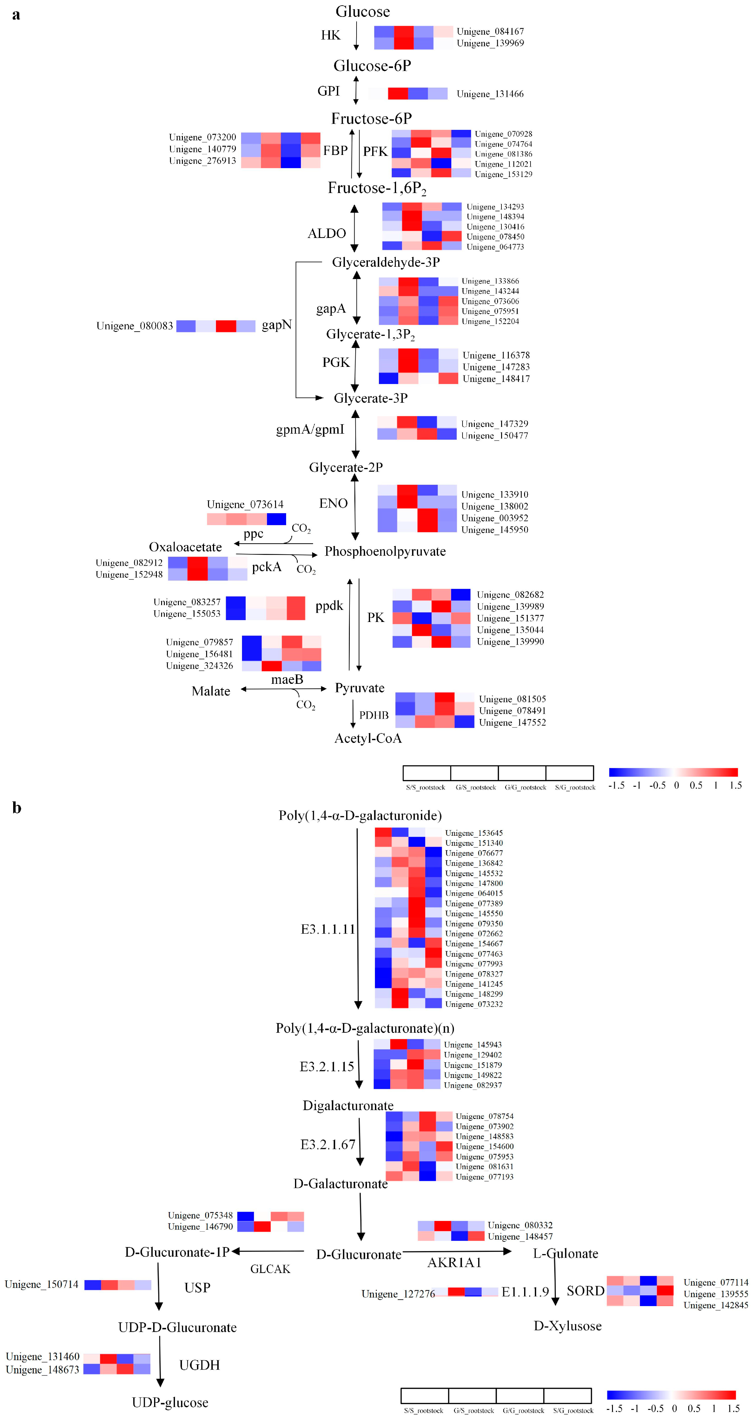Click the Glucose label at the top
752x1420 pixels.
click(362, 12)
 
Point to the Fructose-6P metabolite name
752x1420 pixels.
click(371, 119)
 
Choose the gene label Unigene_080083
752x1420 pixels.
click(134, 326)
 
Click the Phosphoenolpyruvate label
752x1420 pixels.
click(385, 551)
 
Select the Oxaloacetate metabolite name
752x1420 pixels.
click(185, 547)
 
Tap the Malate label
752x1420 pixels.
click(211, 691)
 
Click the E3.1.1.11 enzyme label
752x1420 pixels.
click(327, 929)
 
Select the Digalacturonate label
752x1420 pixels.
click(348, 1106)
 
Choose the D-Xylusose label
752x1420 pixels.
click(567, 1326)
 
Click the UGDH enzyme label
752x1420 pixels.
click(199, 1365)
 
